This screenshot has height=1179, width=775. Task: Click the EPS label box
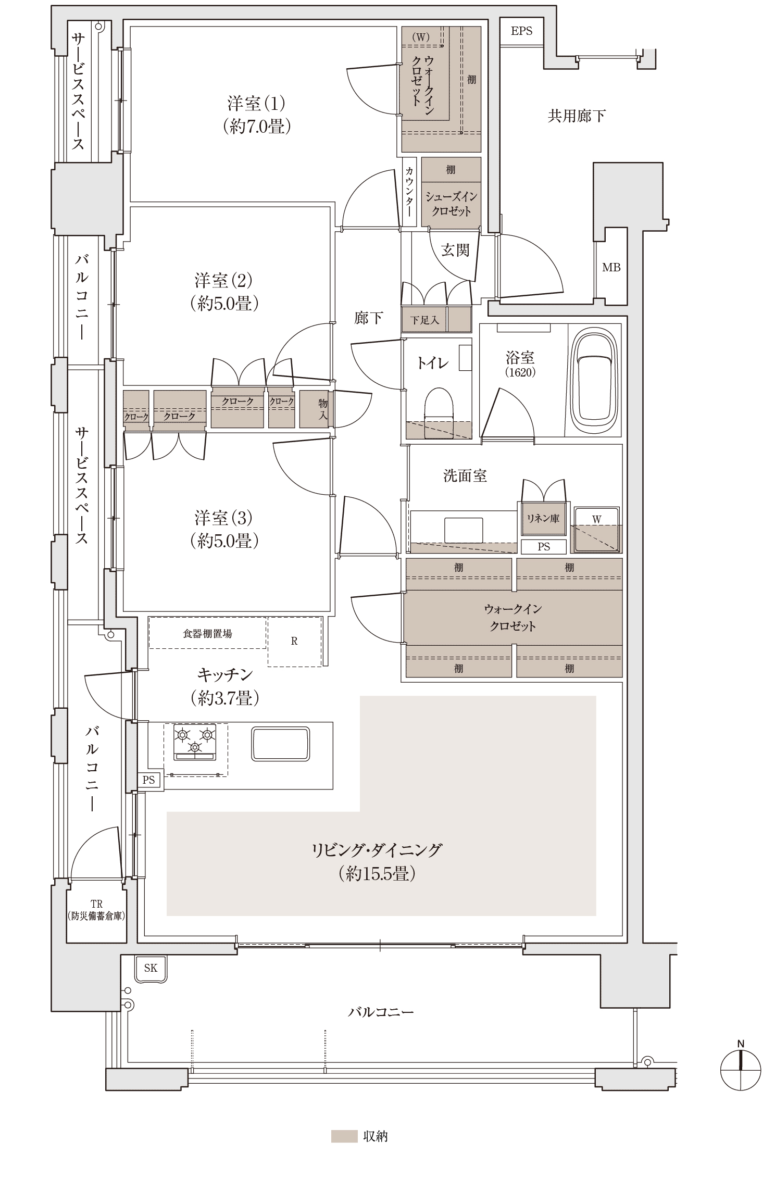(x=521, y=31)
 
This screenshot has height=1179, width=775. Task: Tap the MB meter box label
(x=611, y=267)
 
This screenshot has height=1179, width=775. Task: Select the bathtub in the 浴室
(x=594, y=380)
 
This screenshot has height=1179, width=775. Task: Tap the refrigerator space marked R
(x=294, y=642)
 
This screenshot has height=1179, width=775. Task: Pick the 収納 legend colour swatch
(x=344, y=1136)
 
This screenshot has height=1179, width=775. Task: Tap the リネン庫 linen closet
(x=543, y=519)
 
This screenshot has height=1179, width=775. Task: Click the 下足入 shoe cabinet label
(x=424, y=320)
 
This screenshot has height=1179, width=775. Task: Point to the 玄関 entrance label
(x=455, y=250)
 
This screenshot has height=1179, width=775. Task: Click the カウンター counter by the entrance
(x=409, y=192)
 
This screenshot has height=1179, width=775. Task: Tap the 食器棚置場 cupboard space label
(x=208, y=633)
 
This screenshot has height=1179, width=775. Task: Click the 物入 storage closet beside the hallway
(x=317, y=409)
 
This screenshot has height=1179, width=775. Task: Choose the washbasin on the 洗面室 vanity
(x=464, y=530)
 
